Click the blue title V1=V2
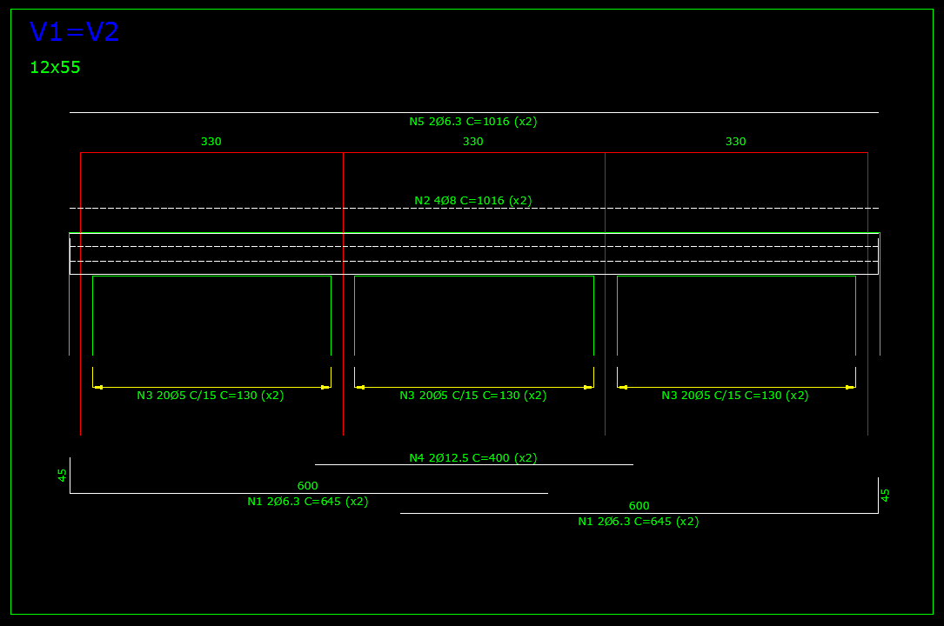74,32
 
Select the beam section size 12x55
55,67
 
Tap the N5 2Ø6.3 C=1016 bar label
473,122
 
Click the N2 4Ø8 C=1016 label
473,200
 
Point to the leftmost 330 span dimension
211,142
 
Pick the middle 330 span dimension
473,142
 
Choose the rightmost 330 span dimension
736,142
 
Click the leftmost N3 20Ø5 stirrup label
210,395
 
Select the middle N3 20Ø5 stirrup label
473,395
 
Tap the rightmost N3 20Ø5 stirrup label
735,395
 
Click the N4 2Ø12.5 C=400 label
473,457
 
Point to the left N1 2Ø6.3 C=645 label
308,502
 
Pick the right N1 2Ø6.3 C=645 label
638,522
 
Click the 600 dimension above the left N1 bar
308,485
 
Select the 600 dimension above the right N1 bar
639,506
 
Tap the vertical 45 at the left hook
62,475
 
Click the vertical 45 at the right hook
885,495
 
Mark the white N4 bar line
474,465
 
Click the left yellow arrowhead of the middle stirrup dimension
360,387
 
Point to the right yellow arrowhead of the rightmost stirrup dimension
850,387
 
